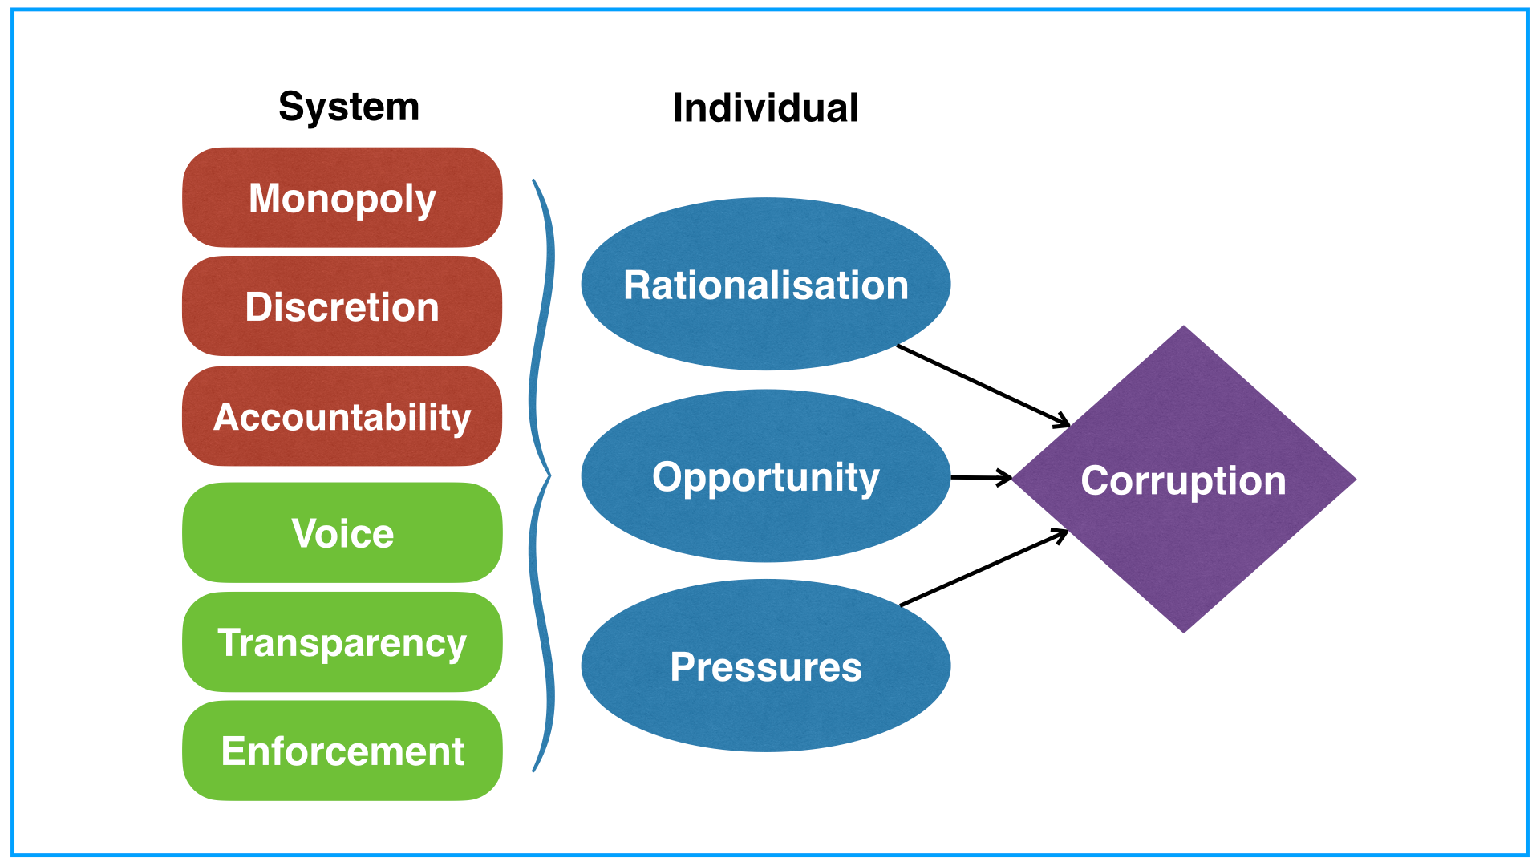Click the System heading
tap(349, 107)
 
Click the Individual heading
tap(765, 107)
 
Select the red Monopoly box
tap(342, 197)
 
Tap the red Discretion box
tap(342, 306)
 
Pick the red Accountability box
tap(342, 416)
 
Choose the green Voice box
tap(342, 532)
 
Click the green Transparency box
tap(342, 641)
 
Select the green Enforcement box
tap(342, 751)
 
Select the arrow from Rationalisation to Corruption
tap(983, 385)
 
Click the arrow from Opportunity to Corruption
tap(980, 477)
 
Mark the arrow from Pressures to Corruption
tap(983, 568)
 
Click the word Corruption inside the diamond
tap(1184, 480)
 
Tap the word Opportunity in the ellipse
tap(766, 477)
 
